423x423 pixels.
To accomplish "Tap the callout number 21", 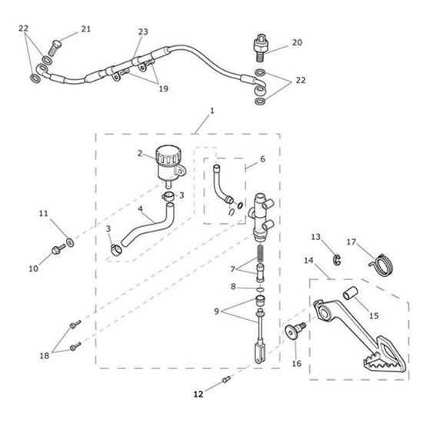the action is click(86, 29).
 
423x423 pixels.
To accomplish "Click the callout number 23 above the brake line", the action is click(143, 32).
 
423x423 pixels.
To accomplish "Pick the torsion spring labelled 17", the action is click(381, 263).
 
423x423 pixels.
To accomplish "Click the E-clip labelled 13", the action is click(337, 259).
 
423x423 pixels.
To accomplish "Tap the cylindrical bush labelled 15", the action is click(351, 293).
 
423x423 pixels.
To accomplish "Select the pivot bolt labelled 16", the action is click(295, 331).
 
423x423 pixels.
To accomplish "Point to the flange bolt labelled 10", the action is click(58, 249).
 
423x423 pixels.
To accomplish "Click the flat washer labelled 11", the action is click(71, 242).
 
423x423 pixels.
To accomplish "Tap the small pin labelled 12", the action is click(226, 379).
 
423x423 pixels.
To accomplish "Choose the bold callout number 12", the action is click(198, 394).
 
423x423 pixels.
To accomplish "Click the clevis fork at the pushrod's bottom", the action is click(261, 353).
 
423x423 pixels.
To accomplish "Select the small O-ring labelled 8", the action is click(260, 289).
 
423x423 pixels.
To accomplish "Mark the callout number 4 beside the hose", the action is click(140, 209).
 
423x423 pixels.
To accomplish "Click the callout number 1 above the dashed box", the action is click(212, 111).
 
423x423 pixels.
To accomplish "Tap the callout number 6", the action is click(263, 159).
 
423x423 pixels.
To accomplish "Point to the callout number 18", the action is click(45, 356).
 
